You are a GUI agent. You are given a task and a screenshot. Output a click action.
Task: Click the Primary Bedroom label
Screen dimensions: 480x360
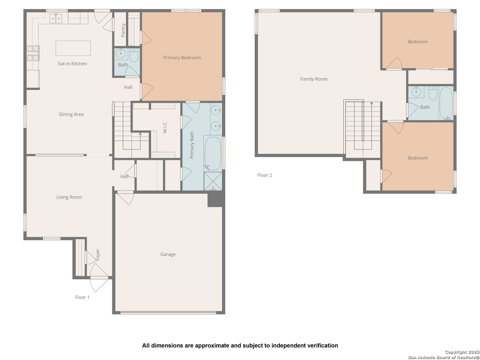click(x=182, y=58)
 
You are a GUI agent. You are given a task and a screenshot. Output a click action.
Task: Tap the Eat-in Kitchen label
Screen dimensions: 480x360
click(x=72, y=64)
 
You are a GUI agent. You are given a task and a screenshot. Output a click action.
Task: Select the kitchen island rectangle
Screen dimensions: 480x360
click(x=73, y=48)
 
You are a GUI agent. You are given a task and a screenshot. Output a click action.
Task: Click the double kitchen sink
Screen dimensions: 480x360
click(x=56, y=18)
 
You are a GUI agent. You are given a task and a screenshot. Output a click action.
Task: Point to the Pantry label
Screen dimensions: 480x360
click(x=123, y=30)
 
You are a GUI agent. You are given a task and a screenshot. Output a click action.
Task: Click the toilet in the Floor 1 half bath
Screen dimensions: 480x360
click(x=134, y=55)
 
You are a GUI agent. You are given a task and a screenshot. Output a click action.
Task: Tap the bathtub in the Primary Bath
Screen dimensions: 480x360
click(x=213, y=153)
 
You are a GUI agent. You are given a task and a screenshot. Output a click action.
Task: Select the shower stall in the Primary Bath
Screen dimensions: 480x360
click(x=213, y=181)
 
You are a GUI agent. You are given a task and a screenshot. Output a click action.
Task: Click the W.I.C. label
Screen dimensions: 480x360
click(x=165, y=127)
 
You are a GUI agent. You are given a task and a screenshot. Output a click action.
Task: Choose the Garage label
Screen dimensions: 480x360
click(x=168, y=254)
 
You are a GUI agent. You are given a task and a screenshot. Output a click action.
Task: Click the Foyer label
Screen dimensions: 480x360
click(x=98, y=255)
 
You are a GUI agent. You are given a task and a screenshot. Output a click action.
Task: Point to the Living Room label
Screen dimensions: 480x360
click(x=69, y=197)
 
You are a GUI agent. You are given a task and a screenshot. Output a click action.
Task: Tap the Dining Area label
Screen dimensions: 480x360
click(x=71, y=114)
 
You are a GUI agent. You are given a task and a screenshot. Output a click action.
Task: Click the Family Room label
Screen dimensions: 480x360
click(x=314, y=79)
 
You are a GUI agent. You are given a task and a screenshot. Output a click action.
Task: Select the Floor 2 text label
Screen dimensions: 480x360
click(x=265, y=175)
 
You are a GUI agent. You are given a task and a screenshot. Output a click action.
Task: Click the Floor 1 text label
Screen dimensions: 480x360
click(x=82, y=297)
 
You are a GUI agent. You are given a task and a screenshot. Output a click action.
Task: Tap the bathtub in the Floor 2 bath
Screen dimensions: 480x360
click(x=446, y=103)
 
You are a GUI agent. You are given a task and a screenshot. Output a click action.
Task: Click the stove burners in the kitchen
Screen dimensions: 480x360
click(x=33, y=53)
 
